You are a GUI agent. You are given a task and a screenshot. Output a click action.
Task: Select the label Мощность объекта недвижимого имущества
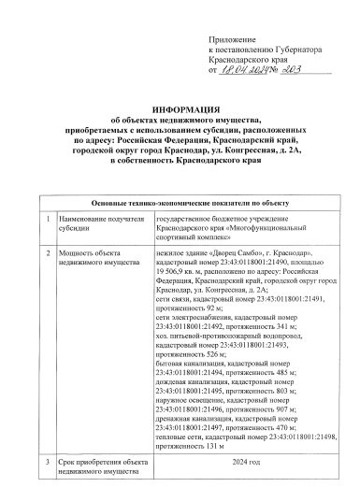click(95, 257)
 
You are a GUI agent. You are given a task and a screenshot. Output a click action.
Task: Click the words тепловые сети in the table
click(178, 436)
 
